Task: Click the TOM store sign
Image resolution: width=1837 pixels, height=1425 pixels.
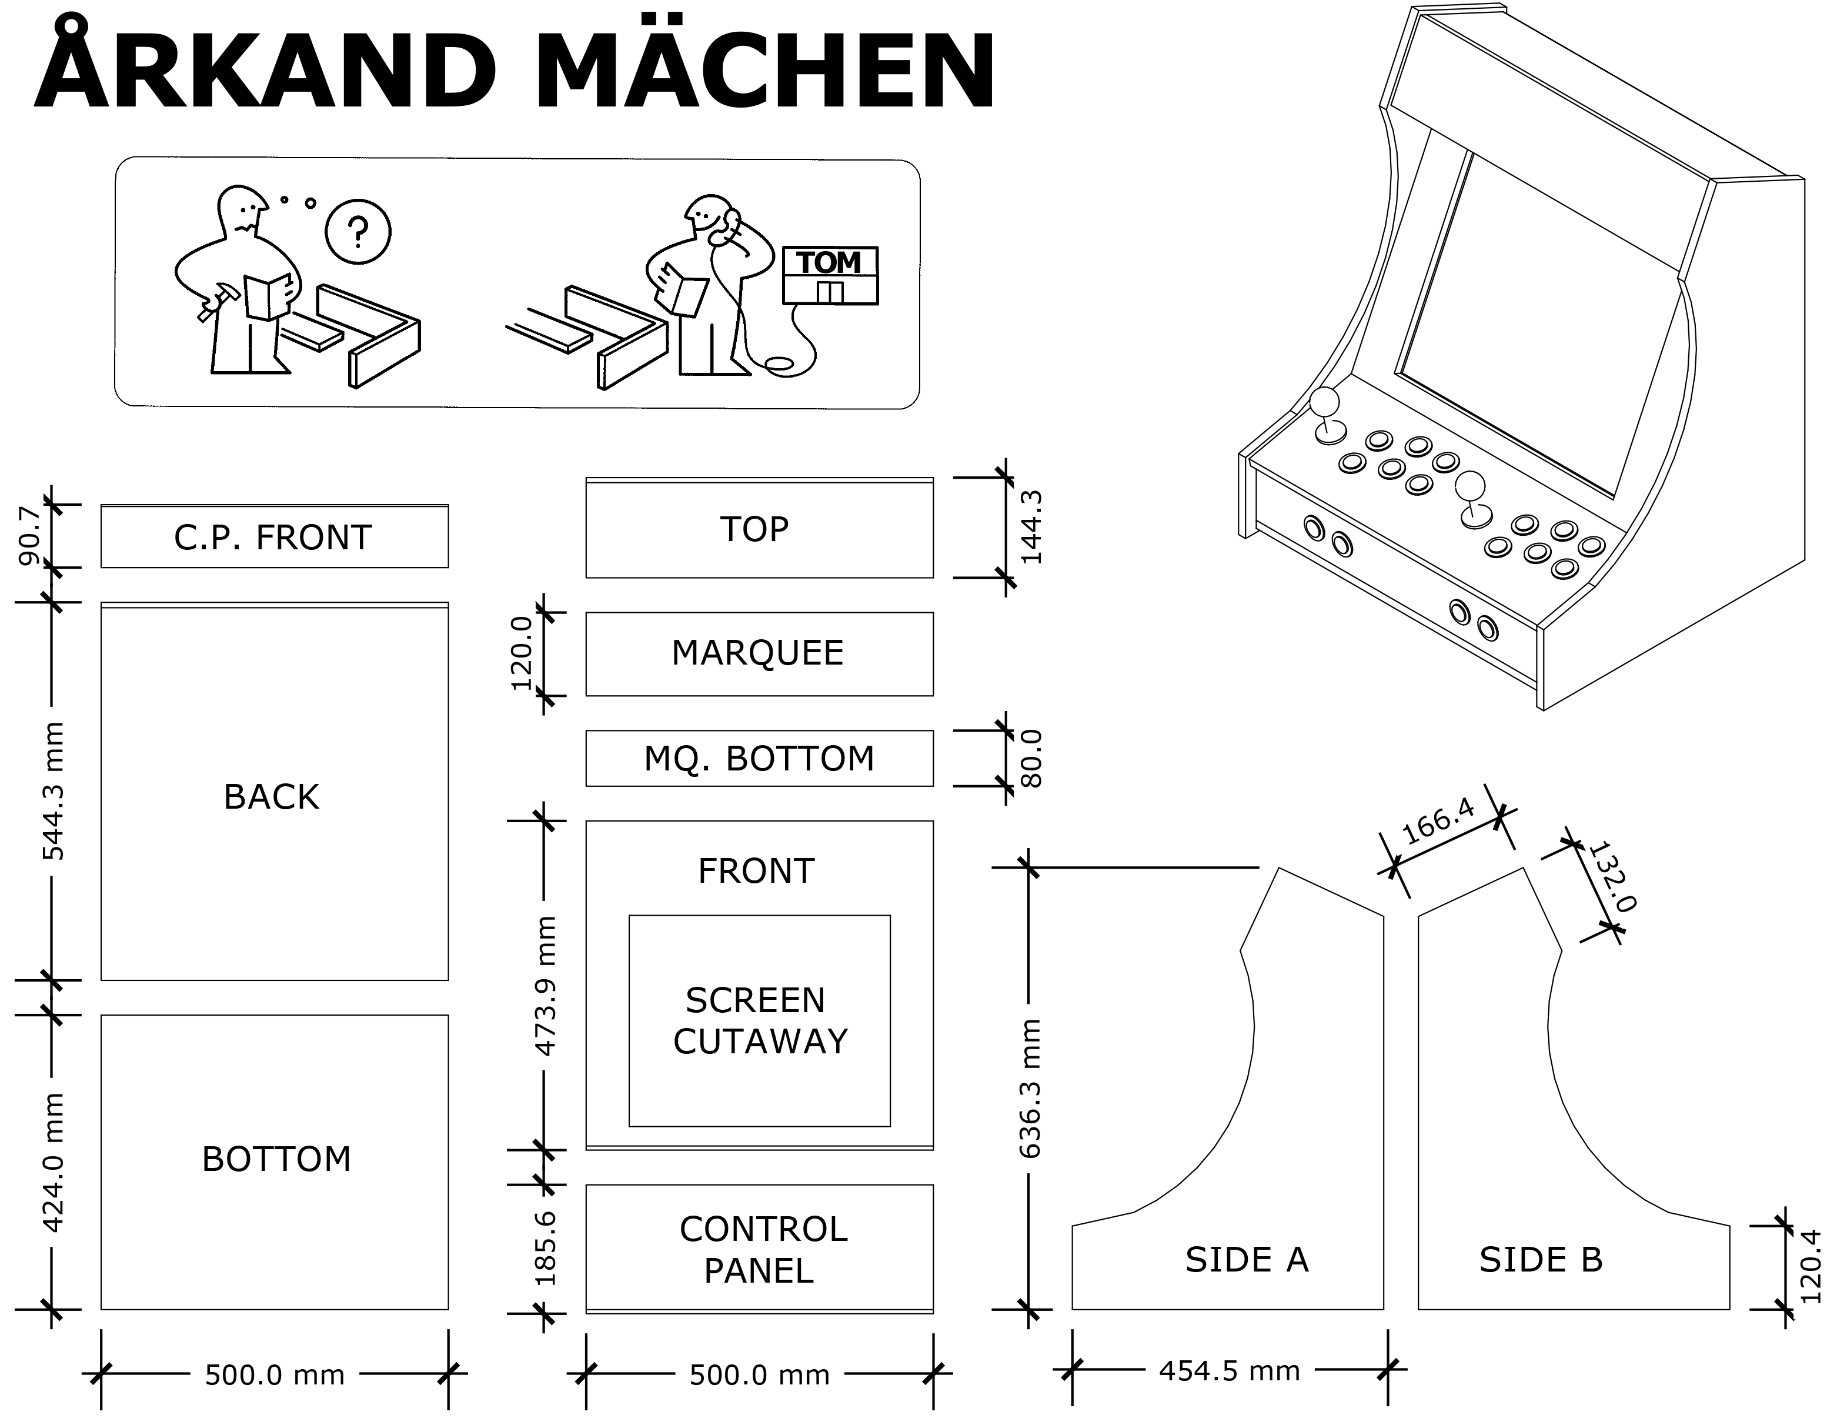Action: point(830,275)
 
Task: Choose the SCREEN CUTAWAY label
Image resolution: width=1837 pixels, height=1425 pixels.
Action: point(760,1020)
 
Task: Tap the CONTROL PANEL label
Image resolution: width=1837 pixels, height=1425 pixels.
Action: point(763,1250)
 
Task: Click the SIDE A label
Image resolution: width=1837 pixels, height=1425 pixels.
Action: point(1247,1259)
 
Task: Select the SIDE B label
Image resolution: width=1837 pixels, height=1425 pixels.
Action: point(1541,1259)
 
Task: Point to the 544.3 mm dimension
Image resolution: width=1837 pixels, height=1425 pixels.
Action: point(53,791)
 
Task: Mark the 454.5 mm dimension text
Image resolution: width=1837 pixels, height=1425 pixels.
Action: point(1230,1370)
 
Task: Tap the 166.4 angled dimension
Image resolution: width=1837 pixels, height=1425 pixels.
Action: point(1439,820)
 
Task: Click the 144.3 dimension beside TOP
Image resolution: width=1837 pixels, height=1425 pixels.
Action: point(1030,528)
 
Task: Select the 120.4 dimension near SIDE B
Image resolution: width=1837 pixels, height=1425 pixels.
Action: point(1810,1266)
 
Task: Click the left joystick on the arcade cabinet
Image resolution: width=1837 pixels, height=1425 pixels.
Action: point(1327,416)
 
